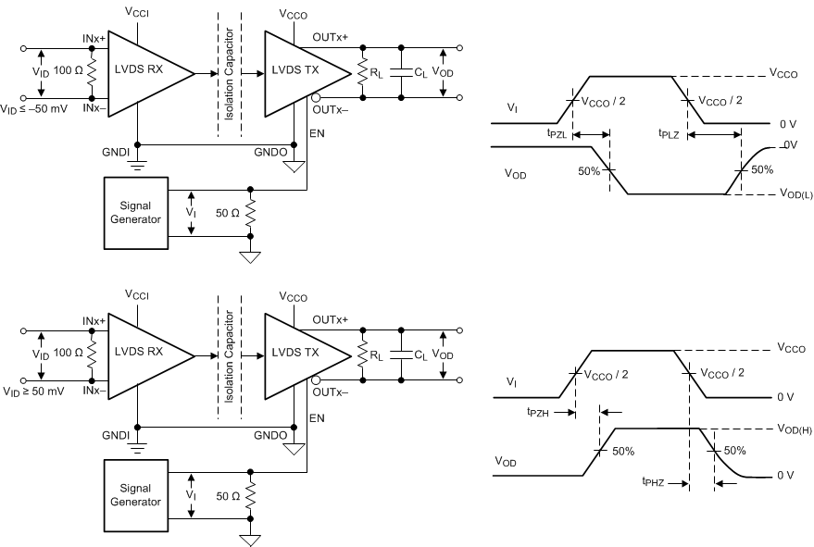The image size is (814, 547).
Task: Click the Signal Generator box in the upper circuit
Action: [x=135, y=213]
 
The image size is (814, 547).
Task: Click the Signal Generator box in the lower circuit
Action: [x=135, y=497]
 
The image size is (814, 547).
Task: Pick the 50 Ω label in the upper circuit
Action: [x=228, y=214]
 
